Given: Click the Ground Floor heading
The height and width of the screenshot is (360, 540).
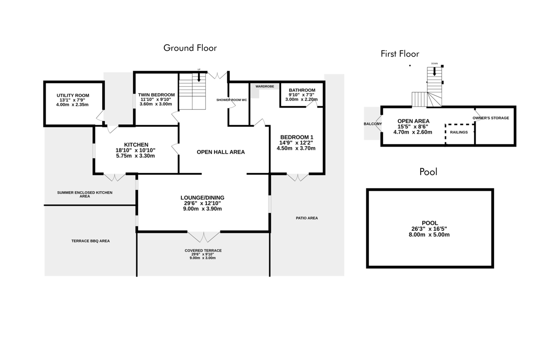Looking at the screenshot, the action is pyautogui.click(x=190, y=48).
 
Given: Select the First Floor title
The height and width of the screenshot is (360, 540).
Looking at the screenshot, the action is pyautogui.click(x=400, y=54).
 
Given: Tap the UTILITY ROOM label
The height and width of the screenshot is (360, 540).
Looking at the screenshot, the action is pyautogui.click(x=73, y=95).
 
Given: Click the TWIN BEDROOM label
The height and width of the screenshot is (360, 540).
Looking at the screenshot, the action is pyautogui.click(x=156, y=95).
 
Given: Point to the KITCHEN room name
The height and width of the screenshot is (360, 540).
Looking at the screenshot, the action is pyautogui.click(x=136, y=145).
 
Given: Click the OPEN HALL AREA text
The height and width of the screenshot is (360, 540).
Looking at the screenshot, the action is pyautogui.click(x=220, y=152).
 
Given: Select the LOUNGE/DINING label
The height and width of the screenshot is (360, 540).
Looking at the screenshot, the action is pyautogui.click(x=202, y=198).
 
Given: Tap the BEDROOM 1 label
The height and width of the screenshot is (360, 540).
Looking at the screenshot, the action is pyautogui.click(x=297, y=137).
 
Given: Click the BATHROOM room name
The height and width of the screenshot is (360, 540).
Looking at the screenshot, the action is pyautogui.click(x=302, y=90).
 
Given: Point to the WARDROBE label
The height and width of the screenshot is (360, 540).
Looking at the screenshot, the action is pyautogui.click(x=265, y=86).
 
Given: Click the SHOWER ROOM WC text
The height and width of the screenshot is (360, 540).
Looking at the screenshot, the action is pyautogui.click(x=231, y=100).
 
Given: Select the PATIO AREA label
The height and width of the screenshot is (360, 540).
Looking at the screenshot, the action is pyautogui.click(x=307, y=218).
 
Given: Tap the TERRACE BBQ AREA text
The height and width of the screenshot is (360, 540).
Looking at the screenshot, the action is pyautogui.click(x=90, y=241).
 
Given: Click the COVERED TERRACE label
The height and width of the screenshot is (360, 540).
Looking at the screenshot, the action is pyautogui.click(x=203, y=251).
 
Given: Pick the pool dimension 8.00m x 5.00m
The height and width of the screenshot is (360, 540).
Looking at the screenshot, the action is pyautogui.click(x=429, y=234).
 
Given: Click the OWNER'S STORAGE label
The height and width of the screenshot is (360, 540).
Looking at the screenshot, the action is pyautogui.click(x=490, y=118).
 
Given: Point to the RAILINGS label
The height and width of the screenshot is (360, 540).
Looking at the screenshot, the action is pyautogui.click(x=459, y=132).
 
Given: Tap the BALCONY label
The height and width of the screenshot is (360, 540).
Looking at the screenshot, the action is pyautogui.click(x=373, y=124).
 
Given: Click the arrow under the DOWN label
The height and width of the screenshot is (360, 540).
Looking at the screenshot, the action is pyautogui.click(x=434, y=72).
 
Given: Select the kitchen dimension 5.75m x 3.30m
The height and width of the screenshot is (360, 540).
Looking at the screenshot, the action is pyautogui.click(x=135, y=156).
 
